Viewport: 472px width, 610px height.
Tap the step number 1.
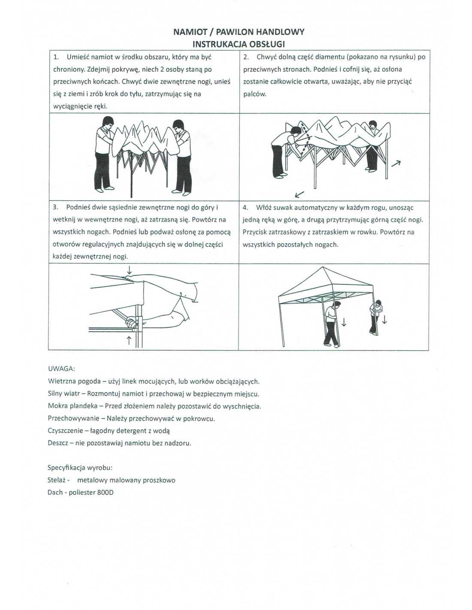click(x=56, y=57)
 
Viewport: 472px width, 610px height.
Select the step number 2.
click(x=245, y=57)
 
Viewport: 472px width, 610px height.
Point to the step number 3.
click(x=55, y=208)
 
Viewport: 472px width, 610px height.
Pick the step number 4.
click(x=245, y=208)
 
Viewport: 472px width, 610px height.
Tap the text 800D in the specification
click(x=105, y=492)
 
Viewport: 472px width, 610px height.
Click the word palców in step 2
click(x=254, y=94)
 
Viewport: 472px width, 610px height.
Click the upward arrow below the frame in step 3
click(x=129, y=341)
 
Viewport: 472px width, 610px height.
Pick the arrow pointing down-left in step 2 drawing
click(x=299, y=194)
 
